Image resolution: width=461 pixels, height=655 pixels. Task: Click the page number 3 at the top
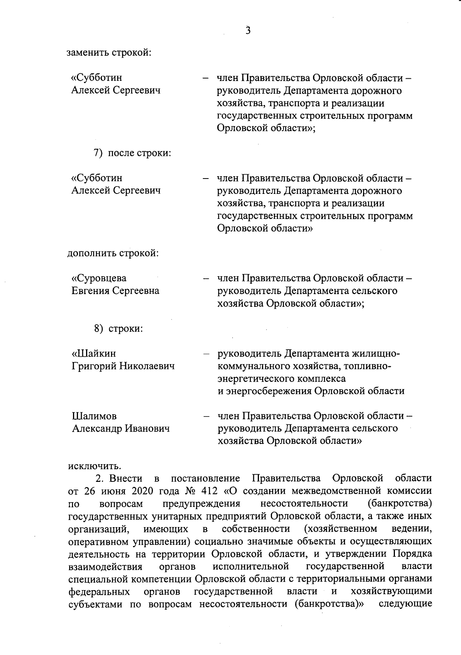[248, 30]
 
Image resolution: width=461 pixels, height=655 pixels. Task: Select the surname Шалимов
[95, 416]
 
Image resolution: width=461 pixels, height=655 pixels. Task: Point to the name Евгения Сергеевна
[116, 291]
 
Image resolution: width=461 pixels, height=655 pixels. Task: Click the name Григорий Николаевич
[123, 366]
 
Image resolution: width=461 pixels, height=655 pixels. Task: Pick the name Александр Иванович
[121, 428]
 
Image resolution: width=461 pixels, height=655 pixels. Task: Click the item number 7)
[98, 153]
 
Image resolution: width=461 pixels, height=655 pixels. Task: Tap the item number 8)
[99, 329]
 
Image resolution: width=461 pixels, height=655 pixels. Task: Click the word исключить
[95, 466]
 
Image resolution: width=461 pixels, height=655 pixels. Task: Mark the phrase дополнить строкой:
[113, 253]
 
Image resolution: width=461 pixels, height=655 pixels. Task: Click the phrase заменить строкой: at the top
[109, 52]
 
